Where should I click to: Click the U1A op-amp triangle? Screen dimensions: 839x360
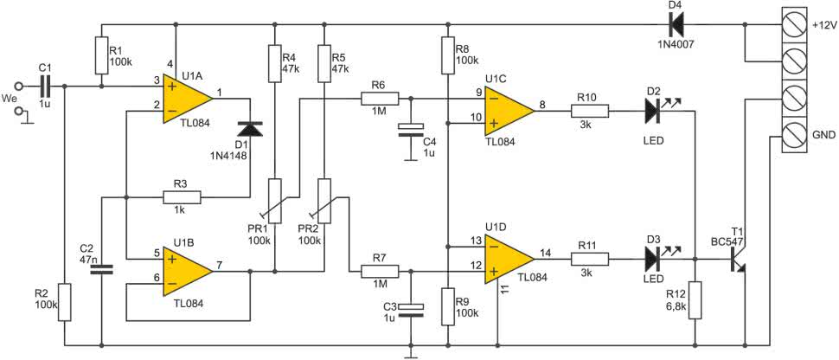[188, 99]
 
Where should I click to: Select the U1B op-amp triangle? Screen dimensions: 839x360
[188, 271]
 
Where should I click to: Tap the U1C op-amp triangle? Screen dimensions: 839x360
[509, 111]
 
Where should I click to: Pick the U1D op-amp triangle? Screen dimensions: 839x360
[509, 260]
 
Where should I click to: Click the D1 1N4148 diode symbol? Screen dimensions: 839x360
[250, 129]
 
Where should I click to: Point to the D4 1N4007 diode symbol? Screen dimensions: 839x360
[676, 24]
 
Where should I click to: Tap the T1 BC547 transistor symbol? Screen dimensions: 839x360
[739, 260]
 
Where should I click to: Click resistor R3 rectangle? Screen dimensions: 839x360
[182, 197]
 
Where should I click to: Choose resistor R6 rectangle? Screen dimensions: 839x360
[380, 99]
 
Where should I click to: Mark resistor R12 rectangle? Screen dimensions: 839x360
[695, 300]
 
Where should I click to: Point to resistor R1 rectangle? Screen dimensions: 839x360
[102, 55]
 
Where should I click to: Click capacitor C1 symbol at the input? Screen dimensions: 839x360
[45, 86]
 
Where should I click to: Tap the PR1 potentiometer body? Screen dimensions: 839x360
[274, 201]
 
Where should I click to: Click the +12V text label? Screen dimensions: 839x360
[823, 25]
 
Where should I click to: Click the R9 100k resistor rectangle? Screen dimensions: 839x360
[447, 305]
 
